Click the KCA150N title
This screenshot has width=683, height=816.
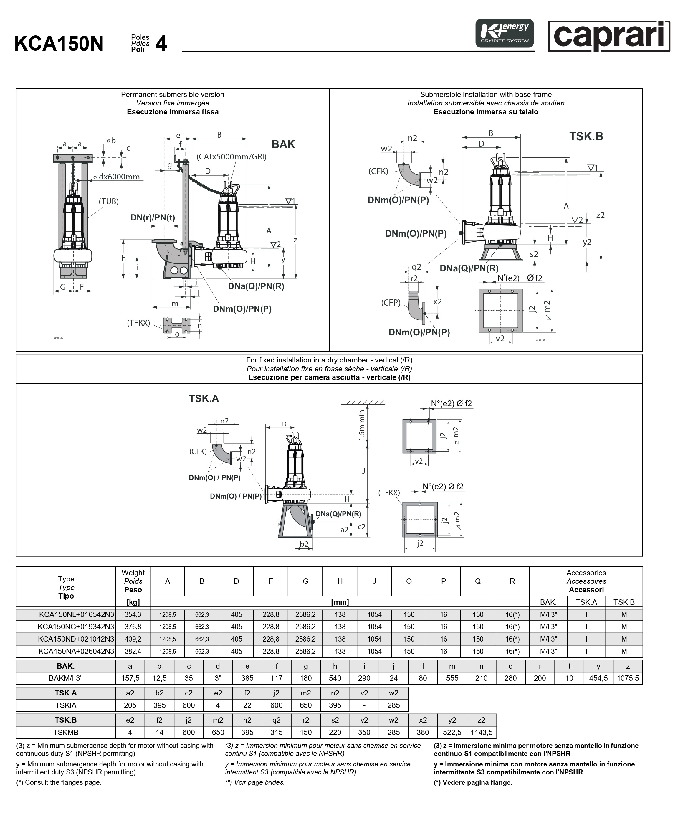(x=59, y=44)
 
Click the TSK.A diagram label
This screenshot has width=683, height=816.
(x=204, y=398)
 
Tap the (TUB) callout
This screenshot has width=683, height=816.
(x=108, y=201)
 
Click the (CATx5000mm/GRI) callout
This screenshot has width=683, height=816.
(x=231, y=156)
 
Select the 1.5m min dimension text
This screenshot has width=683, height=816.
(x=362, y=425)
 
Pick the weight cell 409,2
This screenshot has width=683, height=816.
(x=133, y=639)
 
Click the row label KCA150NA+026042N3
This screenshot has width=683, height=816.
(x=76, y=651)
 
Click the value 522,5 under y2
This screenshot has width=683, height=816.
(x=452, y=733)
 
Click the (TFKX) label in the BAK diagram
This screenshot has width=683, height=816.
(x=139, y=323)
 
